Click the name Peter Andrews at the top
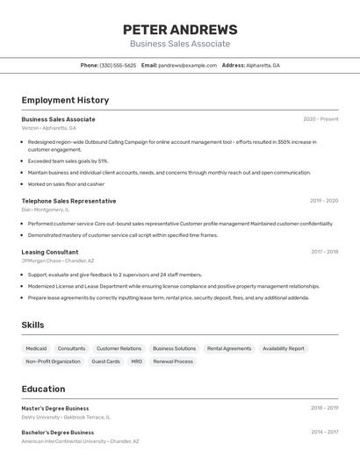coord(180,29)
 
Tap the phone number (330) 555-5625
coord(118,66)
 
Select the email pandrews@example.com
coord(187,66)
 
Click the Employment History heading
coord(65,100)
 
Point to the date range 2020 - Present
coord(320,119)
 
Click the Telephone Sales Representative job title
coord(68,201)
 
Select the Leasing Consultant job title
coord(50,252)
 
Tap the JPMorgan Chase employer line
coord(57,261)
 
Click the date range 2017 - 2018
coord(324,252)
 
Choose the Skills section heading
coord(33,325)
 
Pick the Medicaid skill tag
coord(36,348)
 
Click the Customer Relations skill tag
coord(119,348)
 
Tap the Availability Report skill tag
coord(283,348)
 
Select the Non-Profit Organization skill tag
coord(53,361)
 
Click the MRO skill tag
coord(136,361)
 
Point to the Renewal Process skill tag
coord(173,361)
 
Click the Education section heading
coord(43,389)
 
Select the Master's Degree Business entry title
coord(55,408)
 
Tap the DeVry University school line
coord(66,418)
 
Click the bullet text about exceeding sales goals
coord(68,161)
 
